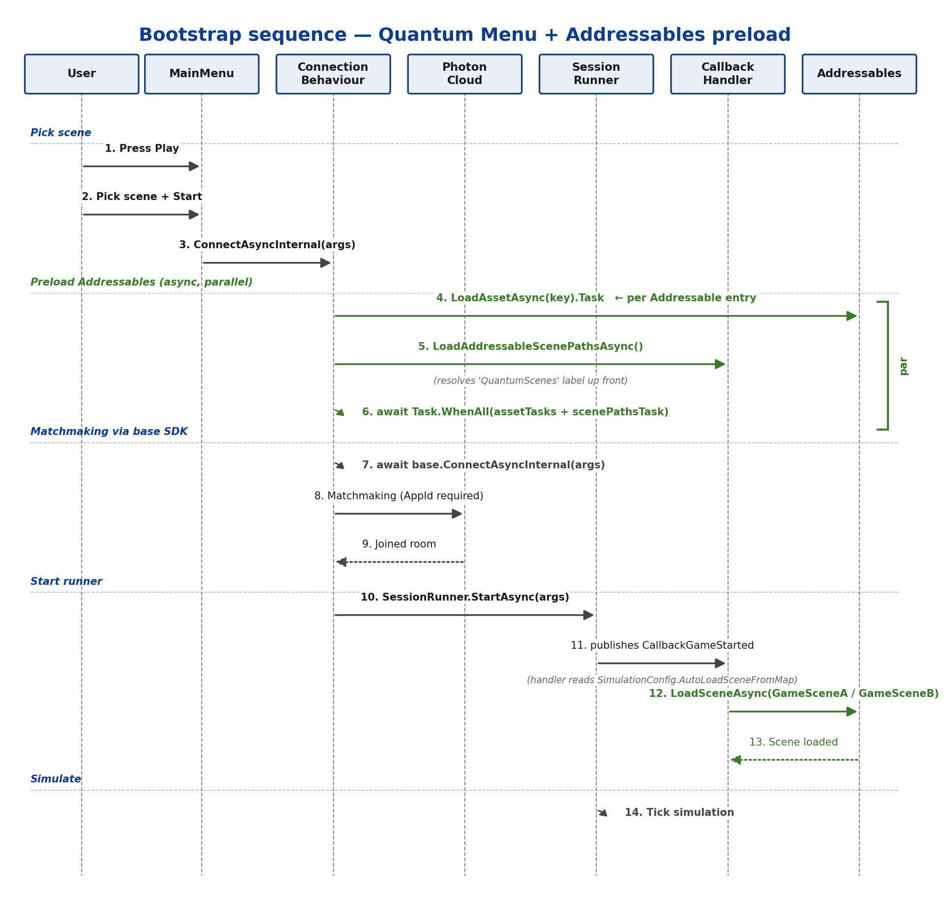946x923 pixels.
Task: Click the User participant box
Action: click(x=82, y=74)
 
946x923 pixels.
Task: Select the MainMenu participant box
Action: click(x=202, y=74)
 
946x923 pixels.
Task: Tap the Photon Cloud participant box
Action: click(x=465, y=74)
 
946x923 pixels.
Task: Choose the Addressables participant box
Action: click(x=859, y=74)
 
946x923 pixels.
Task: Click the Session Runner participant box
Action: click(x=596, y=74)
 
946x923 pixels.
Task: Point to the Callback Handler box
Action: click(x=728, y=74)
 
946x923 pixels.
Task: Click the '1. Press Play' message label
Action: click(x=142, y=148)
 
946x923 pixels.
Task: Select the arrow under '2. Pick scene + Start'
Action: click(x=141, y=214)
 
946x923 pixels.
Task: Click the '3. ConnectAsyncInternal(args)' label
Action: click(x=267, y=245)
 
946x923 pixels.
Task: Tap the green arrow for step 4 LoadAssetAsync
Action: click(x=596, y=316)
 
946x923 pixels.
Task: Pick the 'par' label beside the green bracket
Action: click(x=903, y=366)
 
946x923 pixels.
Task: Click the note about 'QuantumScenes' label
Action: click(x=530, y=381)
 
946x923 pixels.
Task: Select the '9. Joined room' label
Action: click(x=399, y=545)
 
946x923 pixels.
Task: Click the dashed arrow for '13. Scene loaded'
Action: click(x=794, y=760)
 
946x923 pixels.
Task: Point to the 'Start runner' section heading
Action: click(x=66, y=582)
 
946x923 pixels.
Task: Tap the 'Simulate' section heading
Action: click(x=56, y=779)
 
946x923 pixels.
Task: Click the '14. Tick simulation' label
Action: click(x=679, y=813)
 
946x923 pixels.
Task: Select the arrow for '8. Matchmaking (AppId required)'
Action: click(x=398, y=514)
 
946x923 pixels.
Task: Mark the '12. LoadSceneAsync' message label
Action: click(x=793, y=693)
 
